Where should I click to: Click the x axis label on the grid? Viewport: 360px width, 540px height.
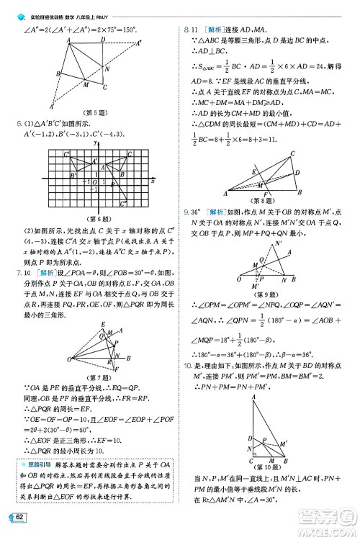tap(153, 179)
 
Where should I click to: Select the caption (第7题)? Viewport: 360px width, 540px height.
tap(96, 378)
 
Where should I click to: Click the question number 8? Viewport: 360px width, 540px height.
tap(186, 27)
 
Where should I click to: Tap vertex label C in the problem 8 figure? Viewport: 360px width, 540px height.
tap(292, 153)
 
